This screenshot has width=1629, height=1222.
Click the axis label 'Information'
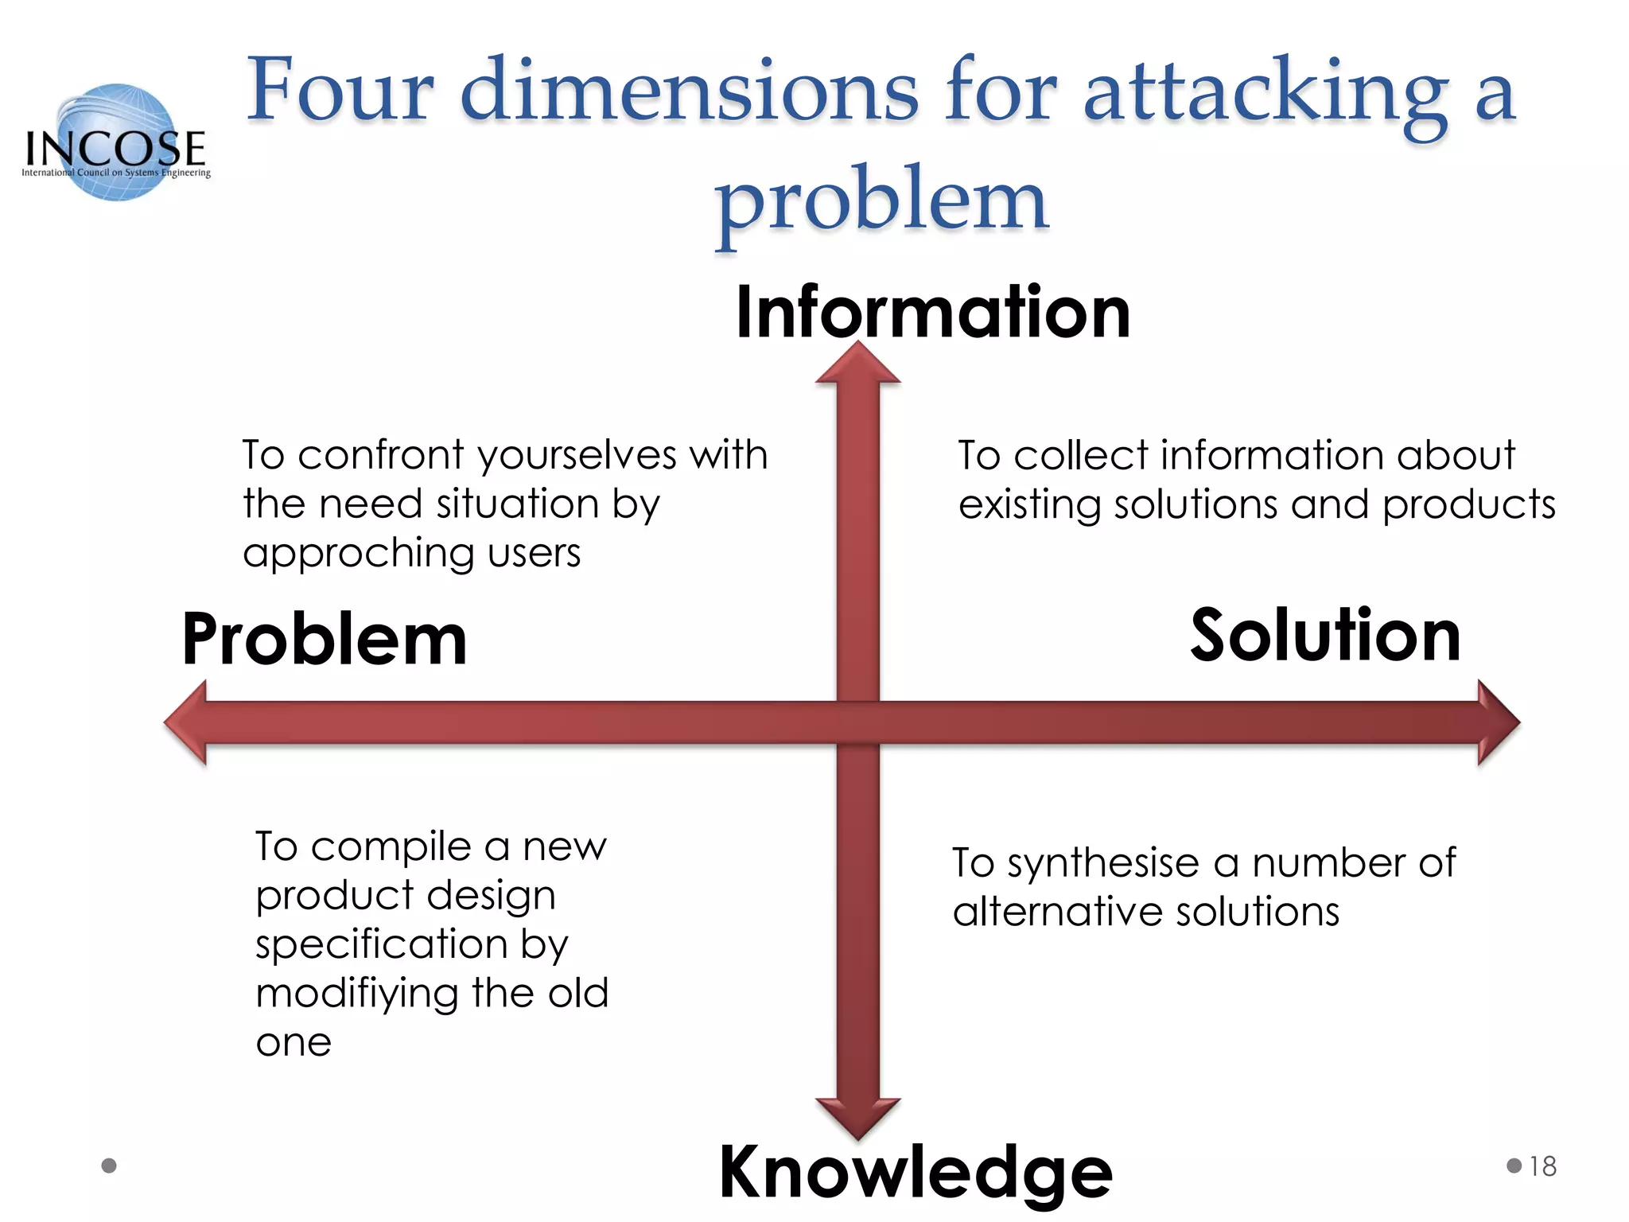(932, 312)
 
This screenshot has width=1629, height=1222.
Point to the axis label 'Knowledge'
(915, 1172)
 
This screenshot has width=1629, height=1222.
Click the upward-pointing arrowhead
(857, 364)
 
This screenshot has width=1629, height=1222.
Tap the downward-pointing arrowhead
(857, 1118)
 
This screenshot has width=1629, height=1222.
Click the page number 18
(1542, 1166)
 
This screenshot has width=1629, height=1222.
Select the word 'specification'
(381, 944)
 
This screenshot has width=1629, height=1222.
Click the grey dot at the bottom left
(110, 1166)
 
